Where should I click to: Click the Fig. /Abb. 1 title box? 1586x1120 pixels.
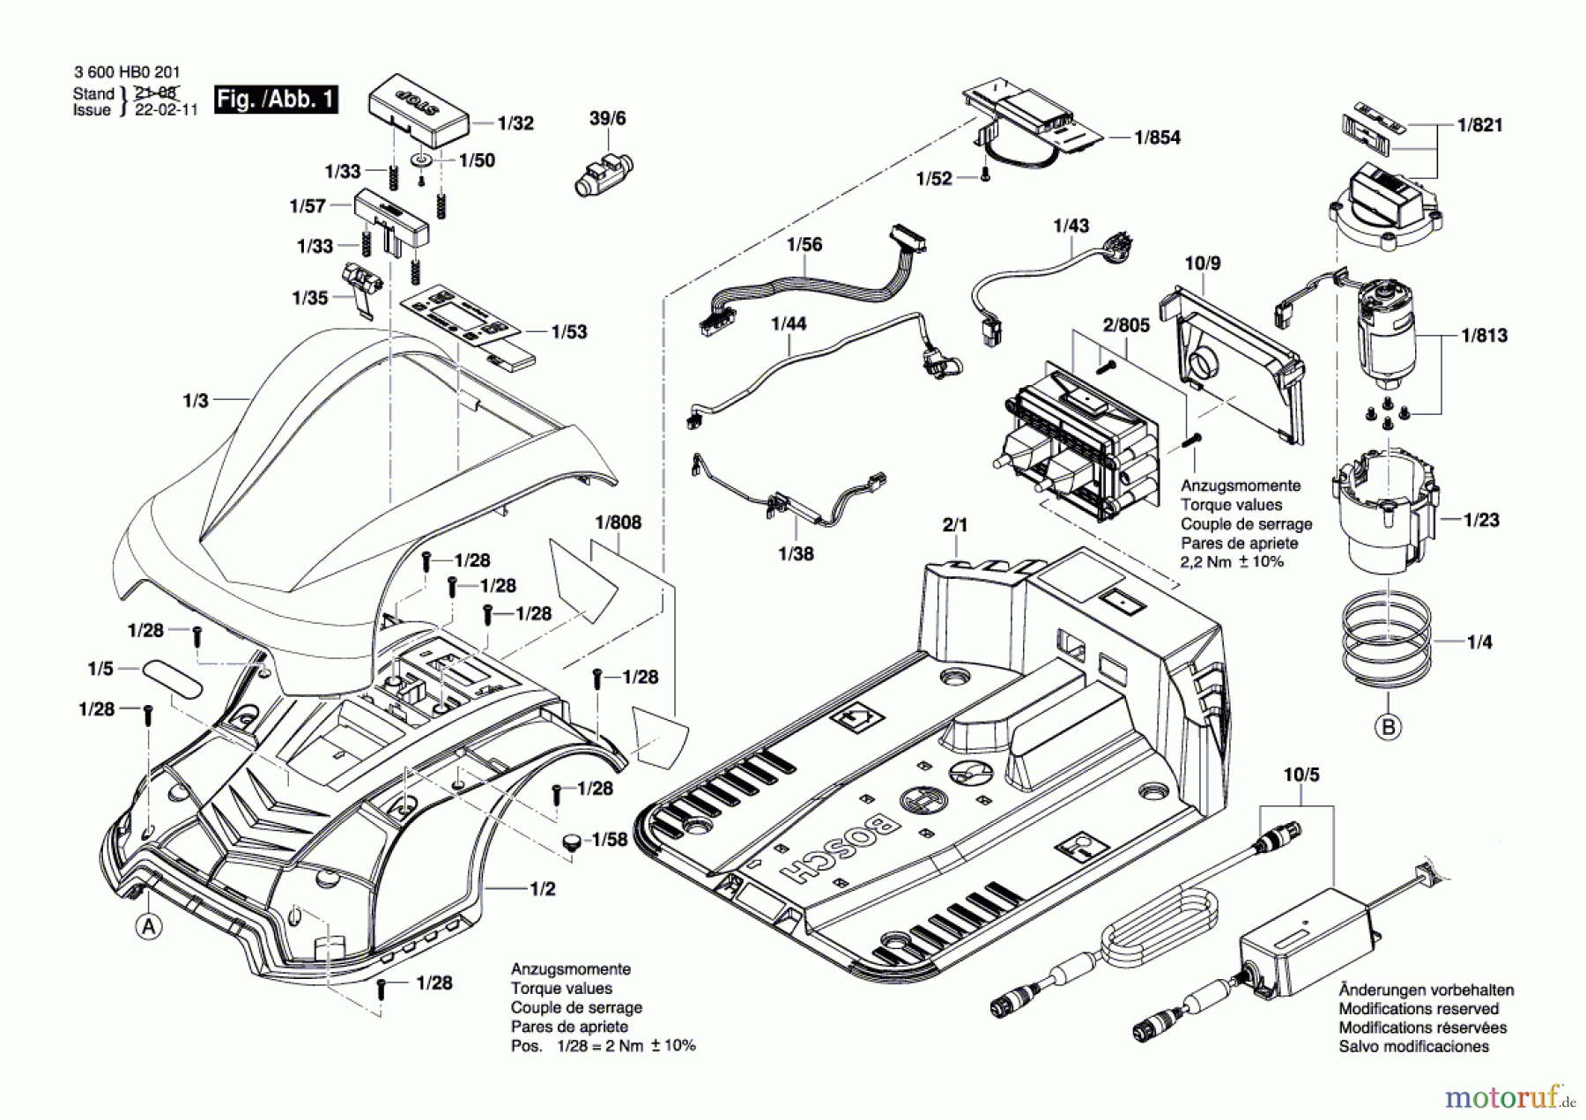click(x=276, y=99)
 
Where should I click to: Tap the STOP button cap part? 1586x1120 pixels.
click(x=419, y=110)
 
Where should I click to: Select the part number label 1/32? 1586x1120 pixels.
click(x=515, y=123)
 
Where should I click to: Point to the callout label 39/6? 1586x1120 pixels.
click(x=607, y=118)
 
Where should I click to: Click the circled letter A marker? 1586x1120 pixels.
click(x=149, y=927)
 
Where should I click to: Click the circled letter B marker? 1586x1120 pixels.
click(x=1389, y=727)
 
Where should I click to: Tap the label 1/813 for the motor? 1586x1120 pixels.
click(x=1485, y=336)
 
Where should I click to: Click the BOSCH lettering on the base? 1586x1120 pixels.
click(x=840, y=847)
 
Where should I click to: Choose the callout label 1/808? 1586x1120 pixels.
click(x=619, y=523)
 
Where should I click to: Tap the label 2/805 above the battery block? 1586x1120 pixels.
click(x=1126, y=325)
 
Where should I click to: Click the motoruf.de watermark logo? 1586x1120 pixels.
click(x=1510, y=1097)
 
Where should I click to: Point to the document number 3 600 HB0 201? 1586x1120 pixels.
click(x=127, y=72)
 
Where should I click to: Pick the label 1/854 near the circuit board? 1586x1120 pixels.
click(x=1157, y=137)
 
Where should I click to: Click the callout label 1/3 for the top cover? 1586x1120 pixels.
click(x=195, y=401)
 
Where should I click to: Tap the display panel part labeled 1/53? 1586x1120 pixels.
click(x=468, y=323)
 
